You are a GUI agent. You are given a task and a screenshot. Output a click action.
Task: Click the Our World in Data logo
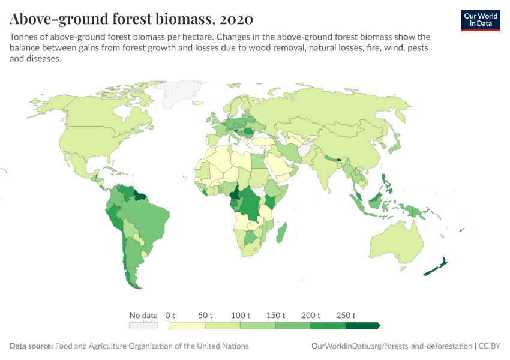click(480, 20)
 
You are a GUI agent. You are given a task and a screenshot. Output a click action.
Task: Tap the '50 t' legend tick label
click(205, 315)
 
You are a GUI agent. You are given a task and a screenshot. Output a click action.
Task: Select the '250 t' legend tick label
click(346, 315)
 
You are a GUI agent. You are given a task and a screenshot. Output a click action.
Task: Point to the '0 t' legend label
click(170, 315)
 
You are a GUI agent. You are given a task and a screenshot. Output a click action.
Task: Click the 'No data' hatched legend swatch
click(144, 326)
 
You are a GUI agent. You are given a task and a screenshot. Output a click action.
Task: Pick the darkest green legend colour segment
click(362, 326)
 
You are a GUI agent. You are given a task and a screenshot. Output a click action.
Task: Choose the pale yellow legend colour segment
click(187, 326)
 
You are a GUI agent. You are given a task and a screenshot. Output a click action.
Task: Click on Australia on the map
click(398, 243)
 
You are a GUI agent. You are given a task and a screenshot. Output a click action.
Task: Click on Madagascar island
click(282, 233)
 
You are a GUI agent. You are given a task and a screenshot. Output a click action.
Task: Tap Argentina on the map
click(132, 264)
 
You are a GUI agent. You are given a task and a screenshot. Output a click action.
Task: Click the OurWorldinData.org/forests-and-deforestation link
click(392, 346)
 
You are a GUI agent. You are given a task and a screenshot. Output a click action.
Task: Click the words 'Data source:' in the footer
click(31, 346)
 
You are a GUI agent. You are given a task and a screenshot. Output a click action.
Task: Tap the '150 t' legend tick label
click(275, 315)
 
